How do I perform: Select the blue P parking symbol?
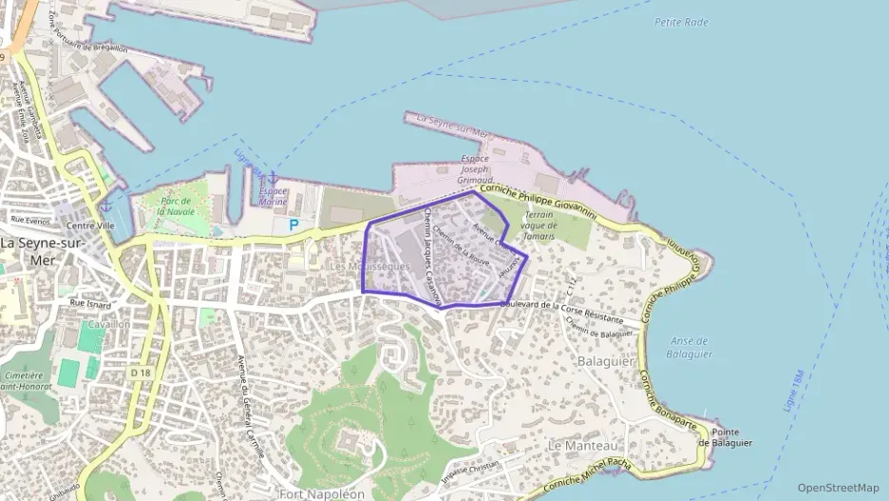pos(293,225)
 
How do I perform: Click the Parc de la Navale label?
pos(177,206)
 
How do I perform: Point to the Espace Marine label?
pos(273,197)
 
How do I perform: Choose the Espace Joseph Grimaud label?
pos(475,168)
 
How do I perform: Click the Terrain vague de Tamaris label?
pos(538,224)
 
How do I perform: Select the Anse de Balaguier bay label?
pos(690,347)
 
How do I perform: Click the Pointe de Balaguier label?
pos(726,436)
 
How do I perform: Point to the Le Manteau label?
pos(582,445)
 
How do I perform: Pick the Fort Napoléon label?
pos(322,494)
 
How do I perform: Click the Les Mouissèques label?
pos(369,267)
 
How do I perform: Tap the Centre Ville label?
pos(90,226)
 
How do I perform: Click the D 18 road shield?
pos(140,373)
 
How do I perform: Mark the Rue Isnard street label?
pos(91,305)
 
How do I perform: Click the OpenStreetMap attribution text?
pos(839,488)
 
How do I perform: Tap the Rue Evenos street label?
pos(29,221)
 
